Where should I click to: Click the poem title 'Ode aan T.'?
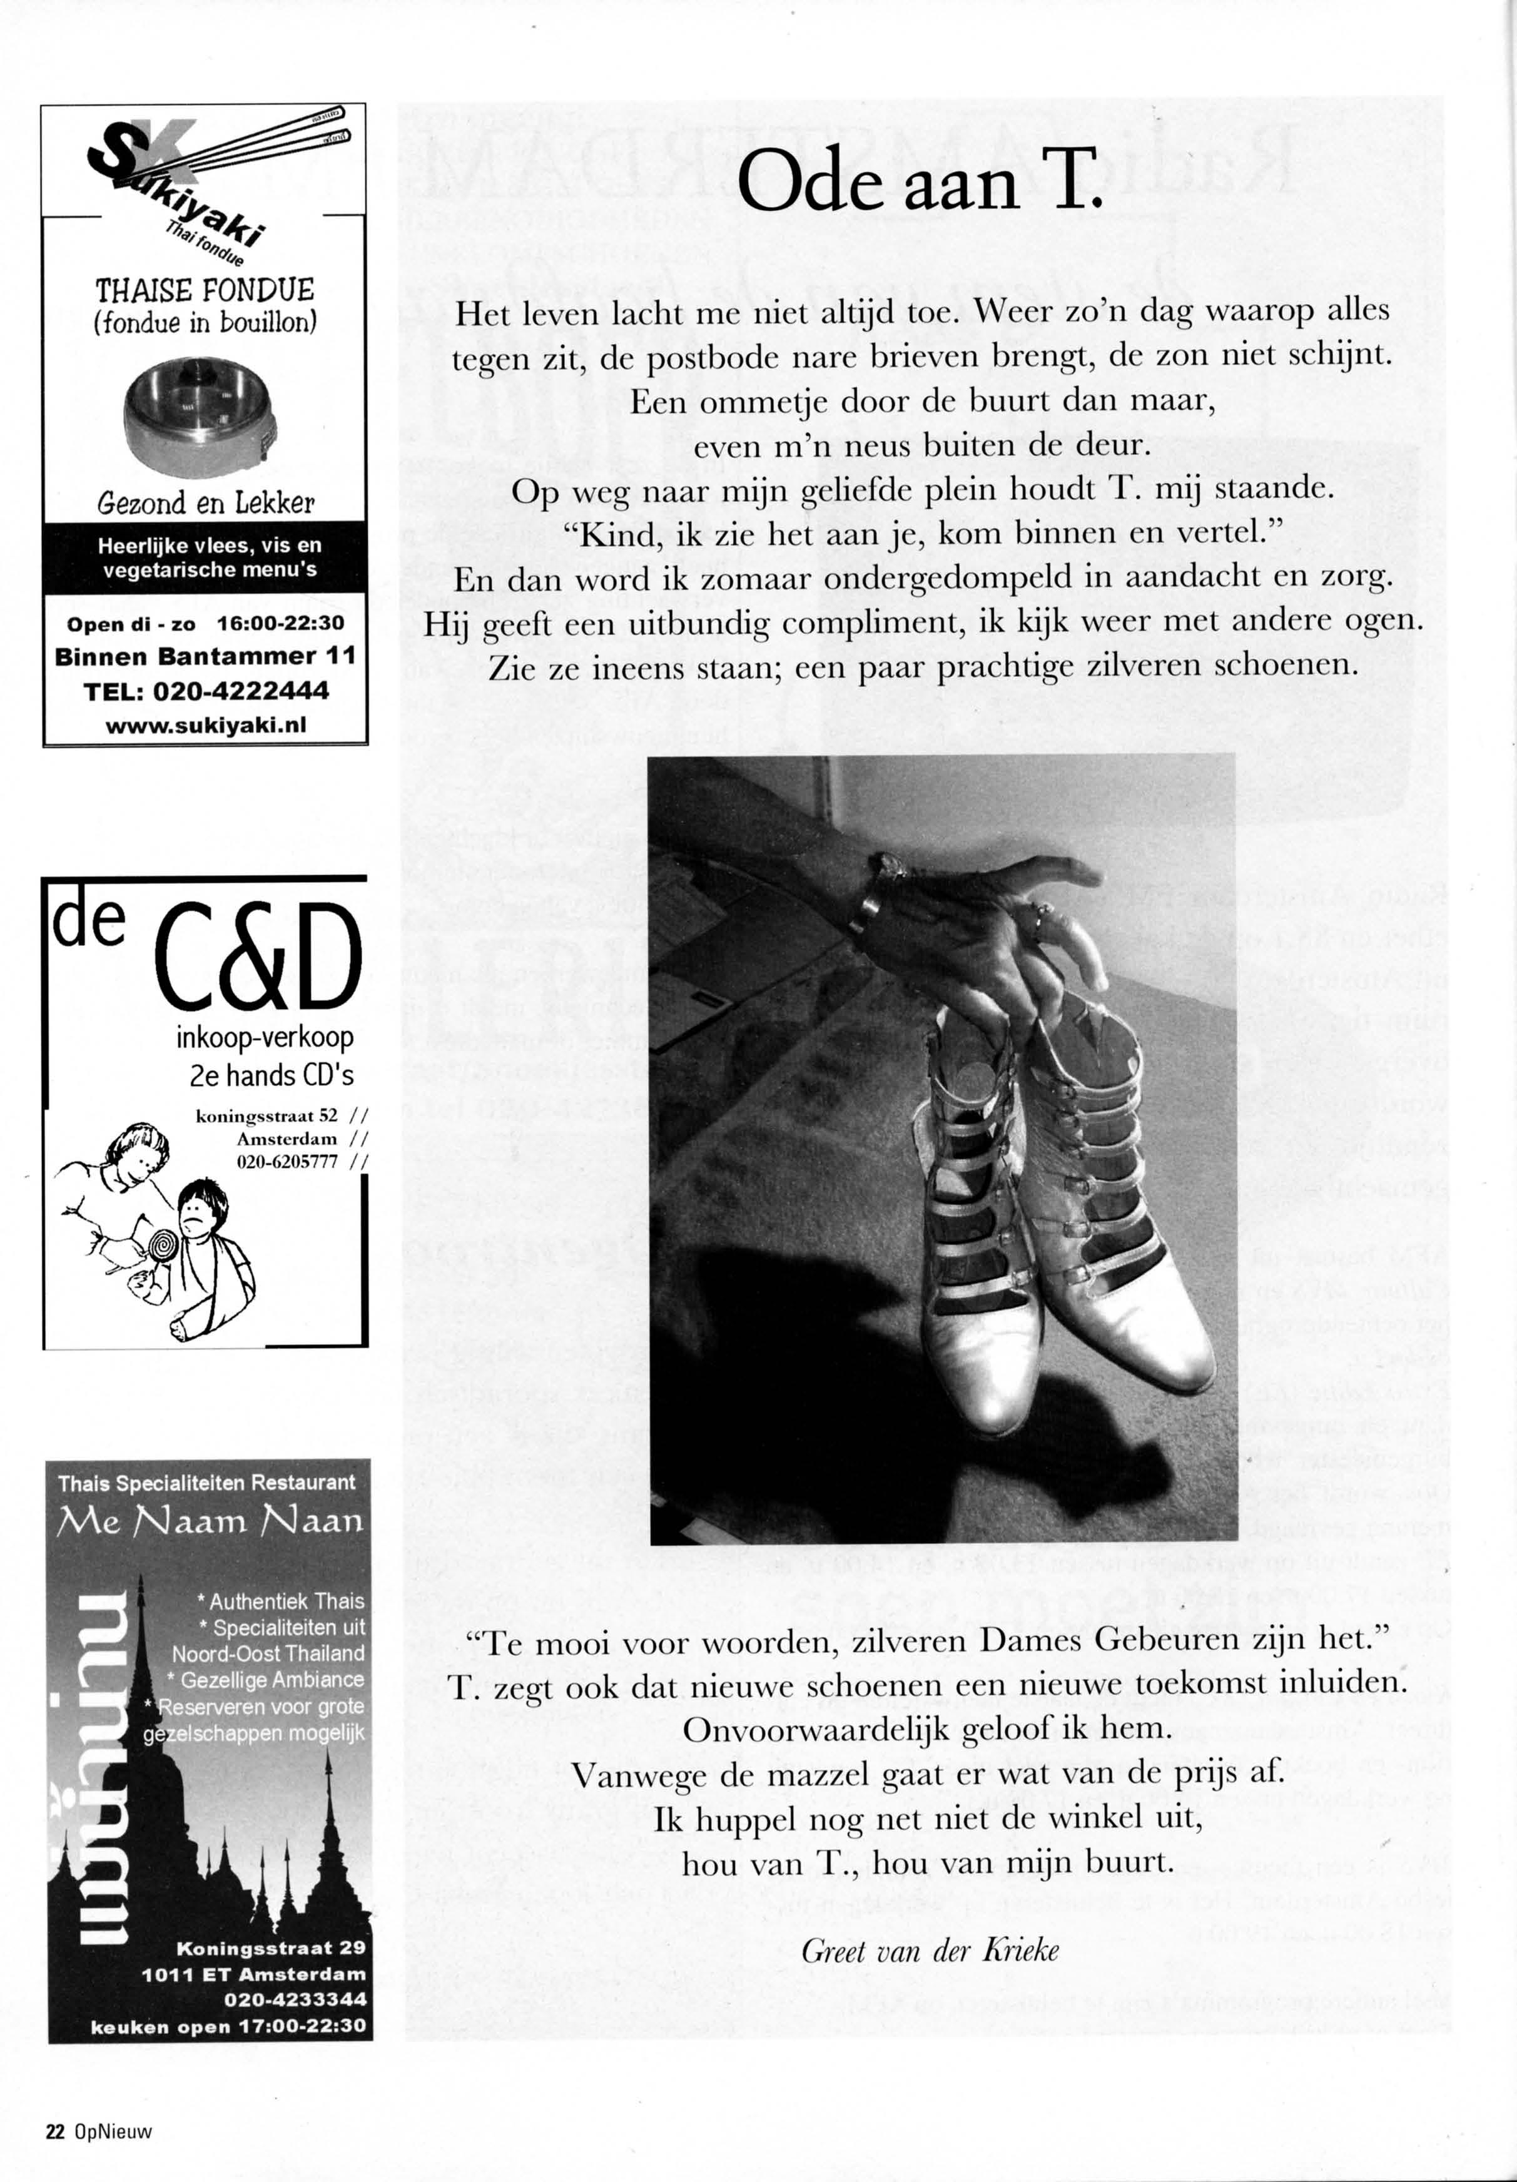(x=918, y=181)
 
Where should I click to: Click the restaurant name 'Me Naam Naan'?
(x=210, y=1521)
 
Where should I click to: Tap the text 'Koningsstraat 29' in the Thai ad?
(x=270, y=1948)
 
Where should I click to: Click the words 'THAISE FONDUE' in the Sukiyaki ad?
(x=205, y=290)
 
